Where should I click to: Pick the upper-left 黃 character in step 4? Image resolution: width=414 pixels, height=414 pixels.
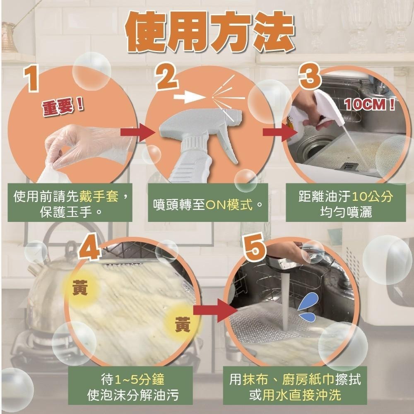pos(79,288)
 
